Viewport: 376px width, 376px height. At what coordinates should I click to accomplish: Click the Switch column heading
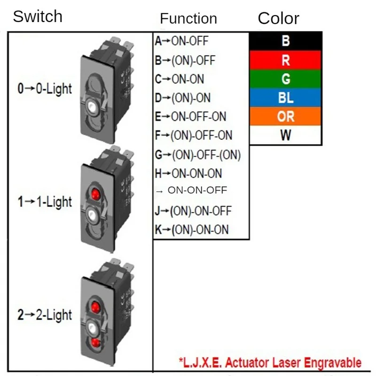(37, 16)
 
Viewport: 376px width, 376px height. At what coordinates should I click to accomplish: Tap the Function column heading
(188, 18)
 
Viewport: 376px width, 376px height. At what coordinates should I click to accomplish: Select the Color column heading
(278, 18)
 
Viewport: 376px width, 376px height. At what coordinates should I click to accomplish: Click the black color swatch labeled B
(286, 41)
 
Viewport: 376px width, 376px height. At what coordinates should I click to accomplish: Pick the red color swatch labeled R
(286, 60)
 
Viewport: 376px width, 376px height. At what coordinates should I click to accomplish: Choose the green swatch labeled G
(286, 79)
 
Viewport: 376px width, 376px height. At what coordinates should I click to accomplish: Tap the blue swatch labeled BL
(286, 98)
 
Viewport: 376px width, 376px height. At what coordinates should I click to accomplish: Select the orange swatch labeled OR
(286, 116)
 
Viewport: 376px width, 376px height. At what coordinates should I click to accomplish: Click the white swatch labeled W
(286, 136)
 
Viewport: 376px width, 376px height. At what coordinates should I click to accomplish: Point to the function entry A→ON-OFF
(181, 41)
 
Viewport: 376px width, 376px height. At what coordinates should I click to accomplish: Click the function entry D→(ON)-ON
(182, 98)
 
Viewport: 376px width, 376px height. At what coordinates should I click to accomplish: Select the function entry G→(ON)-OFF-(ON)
(197, 154)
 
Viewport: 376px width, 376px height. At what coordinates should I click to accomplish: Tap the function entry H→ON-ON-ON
(188, 173)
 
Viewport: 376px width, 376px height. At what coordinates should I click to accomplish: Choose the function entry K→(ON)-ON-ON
(192, 230)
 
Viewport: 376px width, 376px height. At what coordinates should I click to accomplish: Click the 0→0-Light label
(45, 88)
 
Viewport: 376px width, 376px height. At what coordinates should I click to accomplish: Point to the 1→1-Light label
(45, 202)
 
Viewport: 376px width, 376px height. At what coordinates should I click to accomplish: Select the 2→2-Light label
(45, 315)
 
